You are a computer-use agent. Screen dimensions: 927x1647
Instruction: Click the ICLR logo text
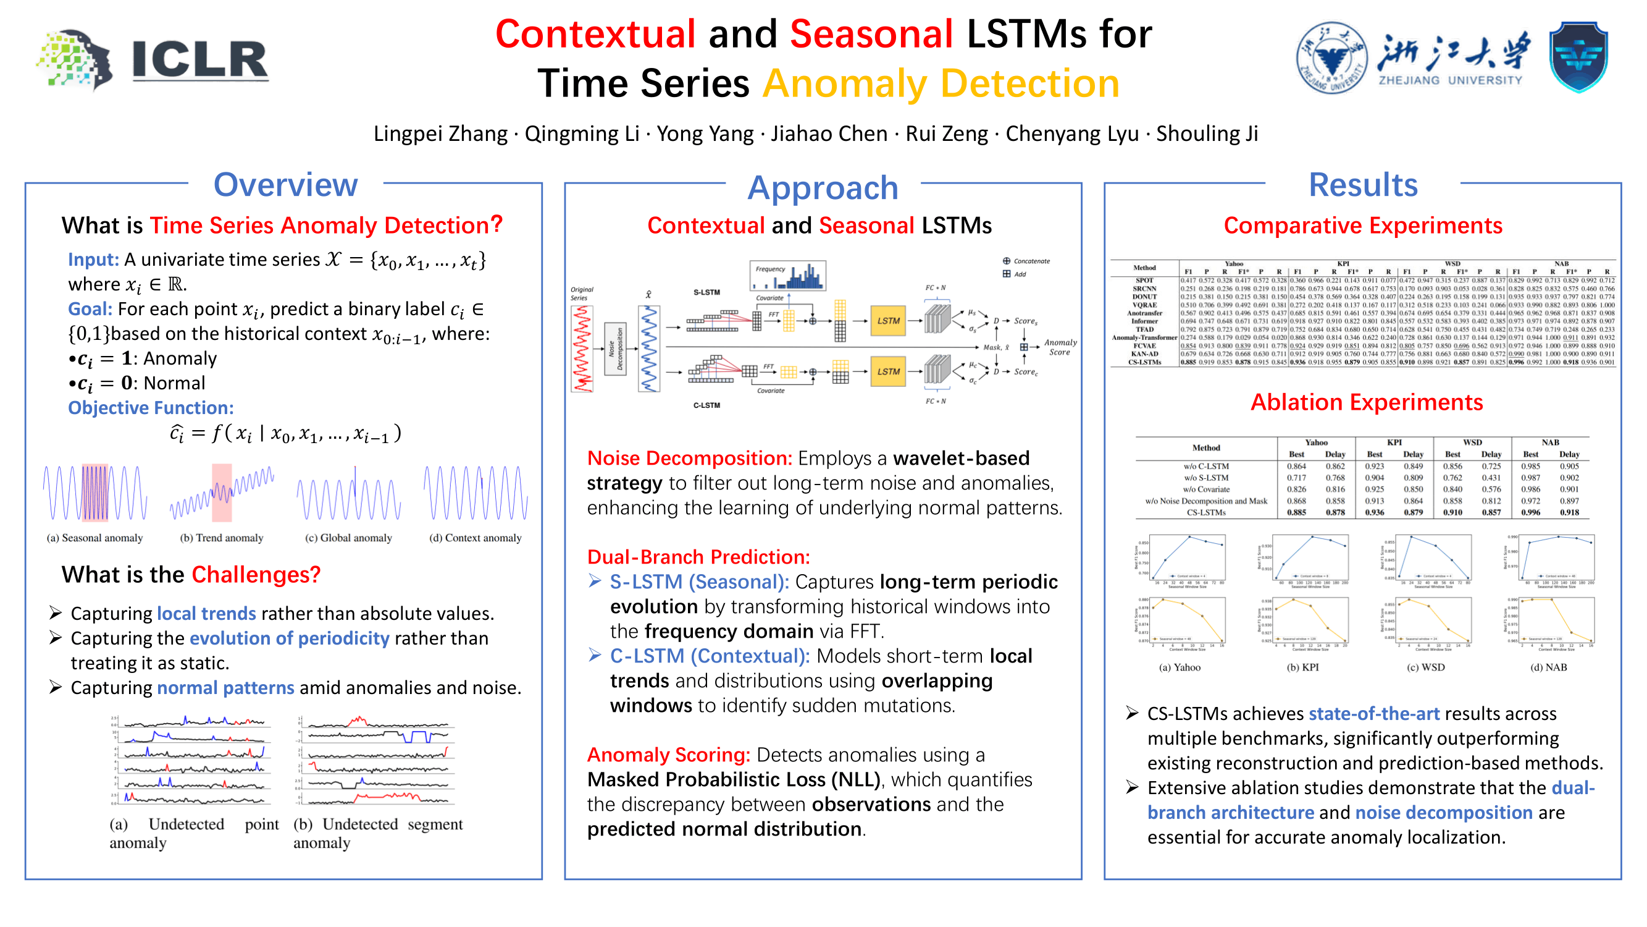[199, 60]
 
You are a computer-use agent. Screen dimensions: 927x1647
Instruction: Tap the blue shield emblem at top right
[1578, 57]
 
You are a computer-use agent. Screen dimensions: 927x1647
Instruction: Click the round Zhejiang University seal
[1331, 57]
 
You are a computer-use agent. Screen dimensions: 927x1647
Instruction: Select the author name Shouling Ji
[1207, 133]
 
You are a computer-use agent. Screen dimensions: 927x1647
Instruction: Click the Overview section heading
[285, 185]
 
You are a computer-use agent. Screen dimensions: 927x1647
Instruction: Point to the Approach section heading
[822, 188]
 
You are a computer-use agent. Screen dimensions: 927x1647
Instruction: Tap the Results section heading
[1362, 185]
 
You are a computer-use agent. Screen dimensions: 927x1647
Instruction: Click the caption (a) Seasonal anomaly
[94, 538]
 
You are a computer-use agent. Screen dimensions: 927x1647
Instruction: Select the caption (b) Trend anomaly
[221, 538]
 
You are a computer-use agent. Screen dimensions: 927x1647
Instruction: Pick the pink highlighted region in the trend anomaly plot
[222, 493]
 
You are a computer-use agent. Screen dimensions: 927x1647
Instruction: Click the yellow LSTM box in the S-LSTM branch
[887, 321]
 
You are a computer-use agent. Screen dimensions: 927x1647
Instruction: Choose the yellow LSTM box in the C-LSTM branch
[887, 371]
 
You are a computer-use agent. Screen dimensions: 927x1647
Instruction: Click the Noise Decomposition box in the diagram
[615, 349]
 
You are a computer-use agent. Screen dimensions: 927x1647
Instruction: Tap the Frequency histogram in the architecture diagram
[788, 276]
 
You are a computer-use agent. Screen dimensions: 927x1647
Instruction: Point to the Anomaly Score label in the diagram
[1060, 347]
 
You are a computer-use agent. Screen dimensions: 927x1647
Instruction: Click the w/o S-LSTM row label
[1205, 478]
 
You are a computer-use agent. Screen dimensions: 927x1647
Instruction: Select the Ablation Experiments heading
[1366, 402]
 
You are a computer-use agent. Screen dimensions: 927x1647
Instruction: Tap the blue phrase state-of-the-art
[1373, 714]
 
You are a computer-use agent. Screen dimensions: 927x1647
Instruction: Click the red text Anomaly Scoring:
[668, 755]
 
